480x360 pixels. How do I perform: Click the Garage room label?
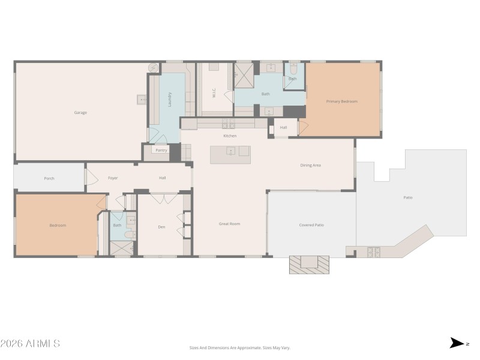click(x=80, y=112)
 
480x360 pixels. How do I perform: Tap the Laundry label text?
click(x=170, y=99)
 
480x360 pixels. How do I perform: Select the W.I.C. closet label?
click(x=213, y=93)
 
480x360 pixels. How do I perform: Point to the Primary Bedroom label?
click(x=341, y=101)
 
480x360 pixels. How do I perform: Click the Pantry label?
click(x=161, y=151)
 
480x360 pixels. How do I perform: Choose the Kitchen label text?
click(x=230, y=136)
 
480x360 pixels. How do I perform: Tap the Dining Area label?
click(x=311, y=165)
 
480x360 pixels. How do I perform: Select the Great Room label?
click(x=229, y=224)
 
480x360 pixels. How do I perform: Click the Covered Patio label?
click(x=311, y=225)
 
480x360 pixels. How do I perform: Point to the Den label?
click(x=161, y=227)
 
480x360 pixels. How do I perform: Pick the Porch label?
click(x=49, y=178)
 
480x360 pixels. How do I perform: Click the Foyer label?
click(x=113, y=178)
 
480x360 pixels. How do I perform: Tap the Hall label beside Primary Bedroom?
click(x=283, y=127)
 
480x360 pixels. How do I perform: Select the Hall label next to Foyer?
click(x=162, y=178)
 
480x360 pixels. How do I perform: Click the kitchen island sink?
click(x=230, y=151)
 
